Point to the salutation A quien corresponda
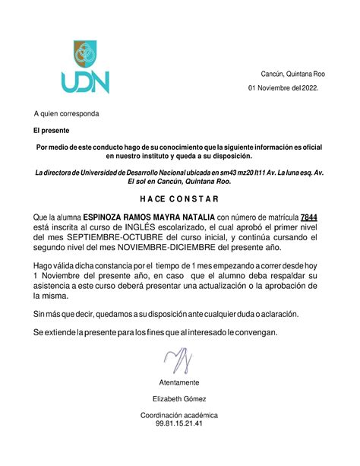[x=66, y=114]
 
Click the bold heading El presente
[x=49, y=132]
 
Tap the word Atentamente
[x=179, y=382]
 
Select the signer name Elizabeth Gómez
[x=179, y=398]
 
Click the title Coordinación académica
[x=179, y=415]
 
